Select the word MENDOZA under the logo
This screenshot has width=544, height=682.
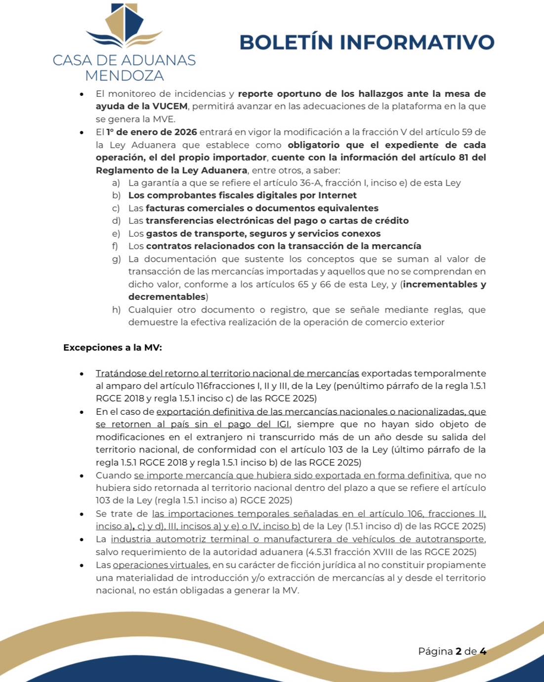click(x=124, y=76)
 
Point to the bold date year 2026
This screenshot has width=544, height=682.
click(x=186, y=132)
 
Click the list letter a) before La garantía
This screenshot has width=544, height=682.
click(x=116, y=183)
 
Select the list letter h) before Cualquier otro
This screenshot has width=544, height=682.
click(x=116, y=310)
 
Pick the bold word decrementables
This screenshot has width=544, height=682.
click(x=167, y=297)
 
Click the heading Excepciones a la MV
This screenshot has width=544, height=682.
click(x=113, y=348)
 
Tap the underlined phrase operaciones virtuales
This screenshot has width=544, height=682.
click(x=161, y=565)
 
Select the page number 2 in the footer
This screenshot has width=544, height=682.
click(x=459, y=651)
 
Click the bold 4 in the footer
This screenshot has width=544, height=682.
click(x=483, y=651)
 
